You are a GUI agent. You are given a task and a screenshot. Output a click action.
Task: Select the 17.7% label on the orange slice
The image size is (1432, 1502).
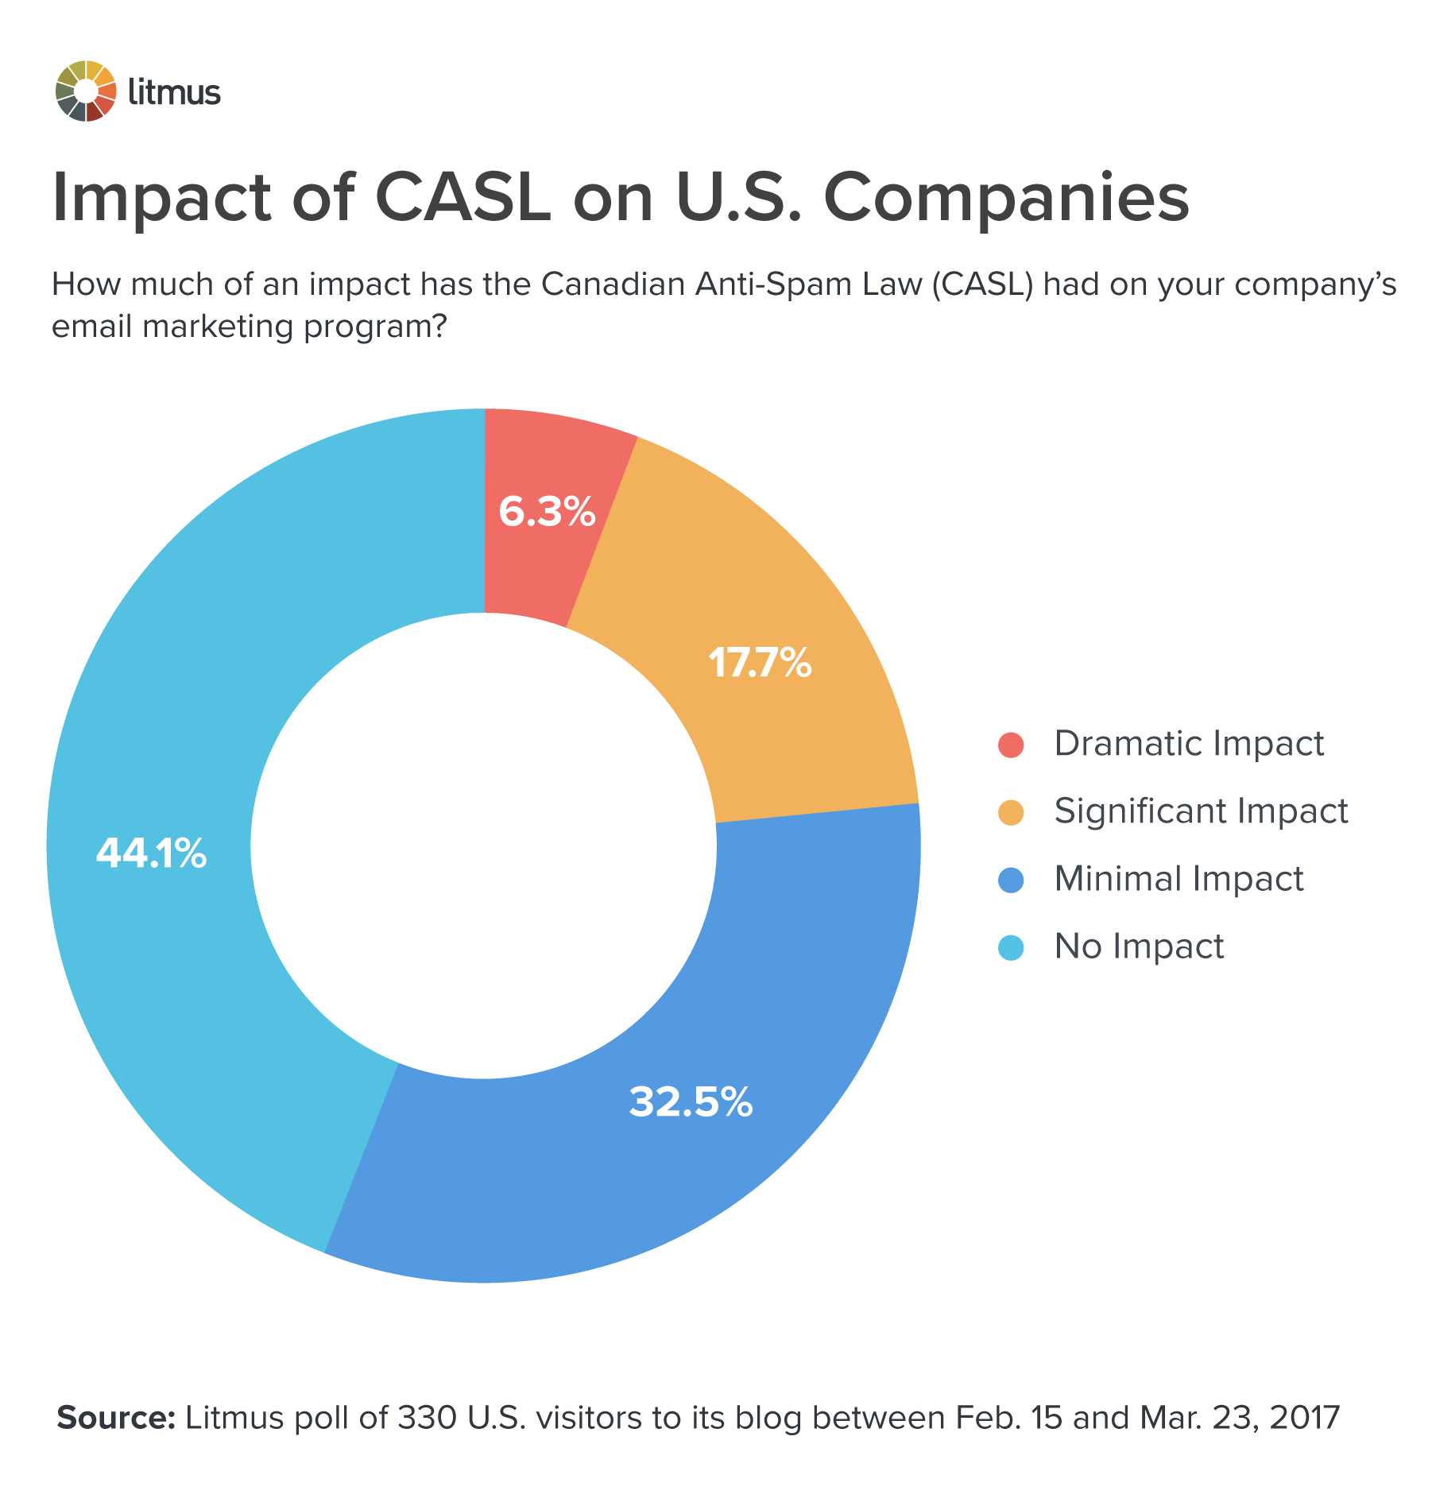(760, 662)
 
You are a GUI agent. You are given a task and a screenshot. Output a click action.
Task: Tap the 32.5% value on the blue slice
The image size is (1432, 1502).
(691, 1101)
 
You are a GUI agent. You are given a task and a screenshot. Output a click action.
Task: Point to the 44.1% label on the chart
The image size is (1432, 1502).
(151, 854)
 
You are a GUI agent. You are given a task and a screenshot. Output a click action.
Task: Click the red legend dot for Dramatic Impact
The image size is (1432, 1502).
(1011, 745)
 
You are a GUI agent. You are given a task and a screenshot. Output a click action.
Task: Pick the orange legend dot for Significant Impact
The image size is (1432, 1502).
(1011, 812)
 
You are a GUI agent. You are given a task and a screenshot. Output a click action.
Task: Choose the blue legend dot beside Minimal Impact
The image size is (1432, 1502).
(1011, 880)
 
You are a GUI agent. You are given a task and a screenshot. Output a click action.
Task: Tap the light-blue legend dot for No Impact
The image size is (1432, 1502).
(1011, 947)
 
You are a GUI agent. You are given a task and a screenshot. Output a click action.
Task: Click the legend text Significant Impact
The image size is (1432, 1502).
(1201, 811)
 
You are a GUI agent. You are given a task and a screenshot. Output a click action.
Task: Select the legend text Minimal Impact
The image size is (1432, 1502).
(1178, 878)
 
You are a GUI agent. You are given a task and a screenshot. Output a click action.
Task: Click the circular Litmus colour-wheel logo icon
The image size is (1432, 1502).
(86, 91)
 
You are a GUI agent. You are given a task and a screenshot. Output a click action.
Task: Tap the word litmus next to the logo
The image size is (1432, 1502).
(174, 92)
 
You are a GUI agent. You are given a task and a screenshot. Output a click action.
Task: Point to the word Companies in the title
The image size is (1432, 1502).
(1005, 199)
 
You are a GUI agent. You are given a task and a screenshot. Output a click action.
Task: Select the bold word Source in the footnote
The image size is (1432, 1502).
(116, 1418)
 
